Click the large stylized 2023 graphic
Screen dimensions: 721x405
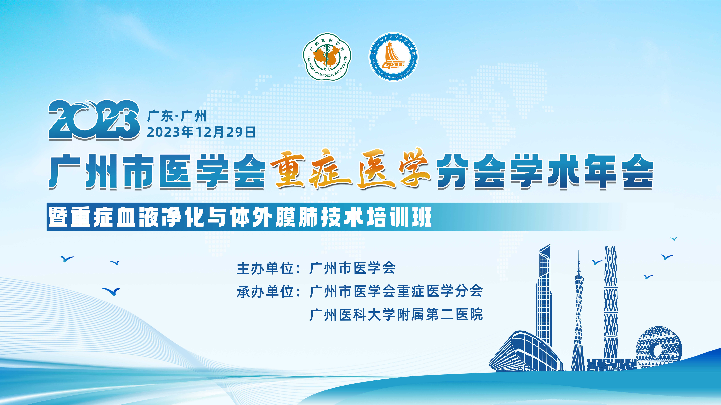pyautogui.click(x=94, y=120)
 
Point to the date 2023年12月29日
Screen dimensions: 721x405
pyautogui.click(x=201, y=132)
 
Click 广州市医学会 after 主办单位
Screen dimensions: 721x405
pyautogui.click(x=352, y=268)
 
